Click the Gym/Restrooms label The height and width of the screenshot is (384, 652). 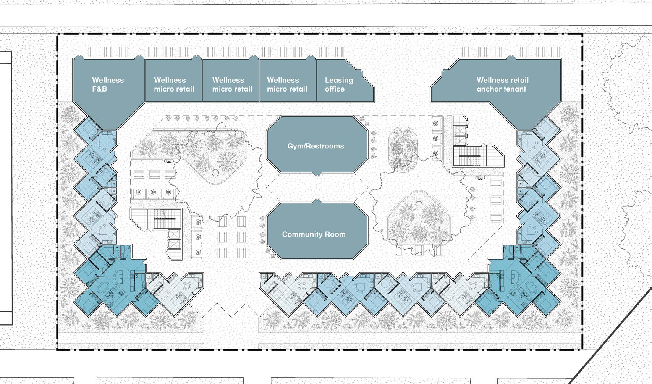click(315, 146)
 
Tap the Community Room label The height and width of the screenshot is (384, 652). click(314, 234)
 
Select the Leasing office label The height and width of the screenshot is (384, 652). click(339, 84)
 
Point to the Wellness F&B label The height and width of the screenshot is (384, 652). click(108, 84)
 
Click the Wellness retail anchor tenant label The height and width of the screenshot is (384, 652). click(502, 84)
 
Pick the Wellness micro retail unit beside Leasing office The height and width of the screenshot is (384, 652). click(287, 84)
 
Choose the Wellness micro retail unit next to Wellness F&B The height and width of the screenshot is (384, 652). click(174, 84)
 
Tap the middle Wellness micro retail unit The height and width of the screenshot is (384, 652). click(232, 84)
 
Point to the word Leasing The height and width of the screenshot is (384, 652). click(339, 80)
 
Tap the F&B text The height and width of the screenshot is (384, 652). click(99, 89)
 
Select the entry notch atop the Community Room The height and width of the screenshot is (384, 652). click(316, 201)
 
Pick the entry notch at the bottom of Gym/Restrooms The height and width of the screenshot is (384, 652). click(316, 174)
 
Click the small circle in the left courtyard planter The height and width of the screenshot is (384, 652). click(215, 173)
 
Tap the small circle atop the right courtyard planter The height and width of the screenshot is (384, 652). click(419, 204)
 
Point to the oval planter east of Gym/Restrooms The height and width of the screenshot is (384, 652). click(403, 147)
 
